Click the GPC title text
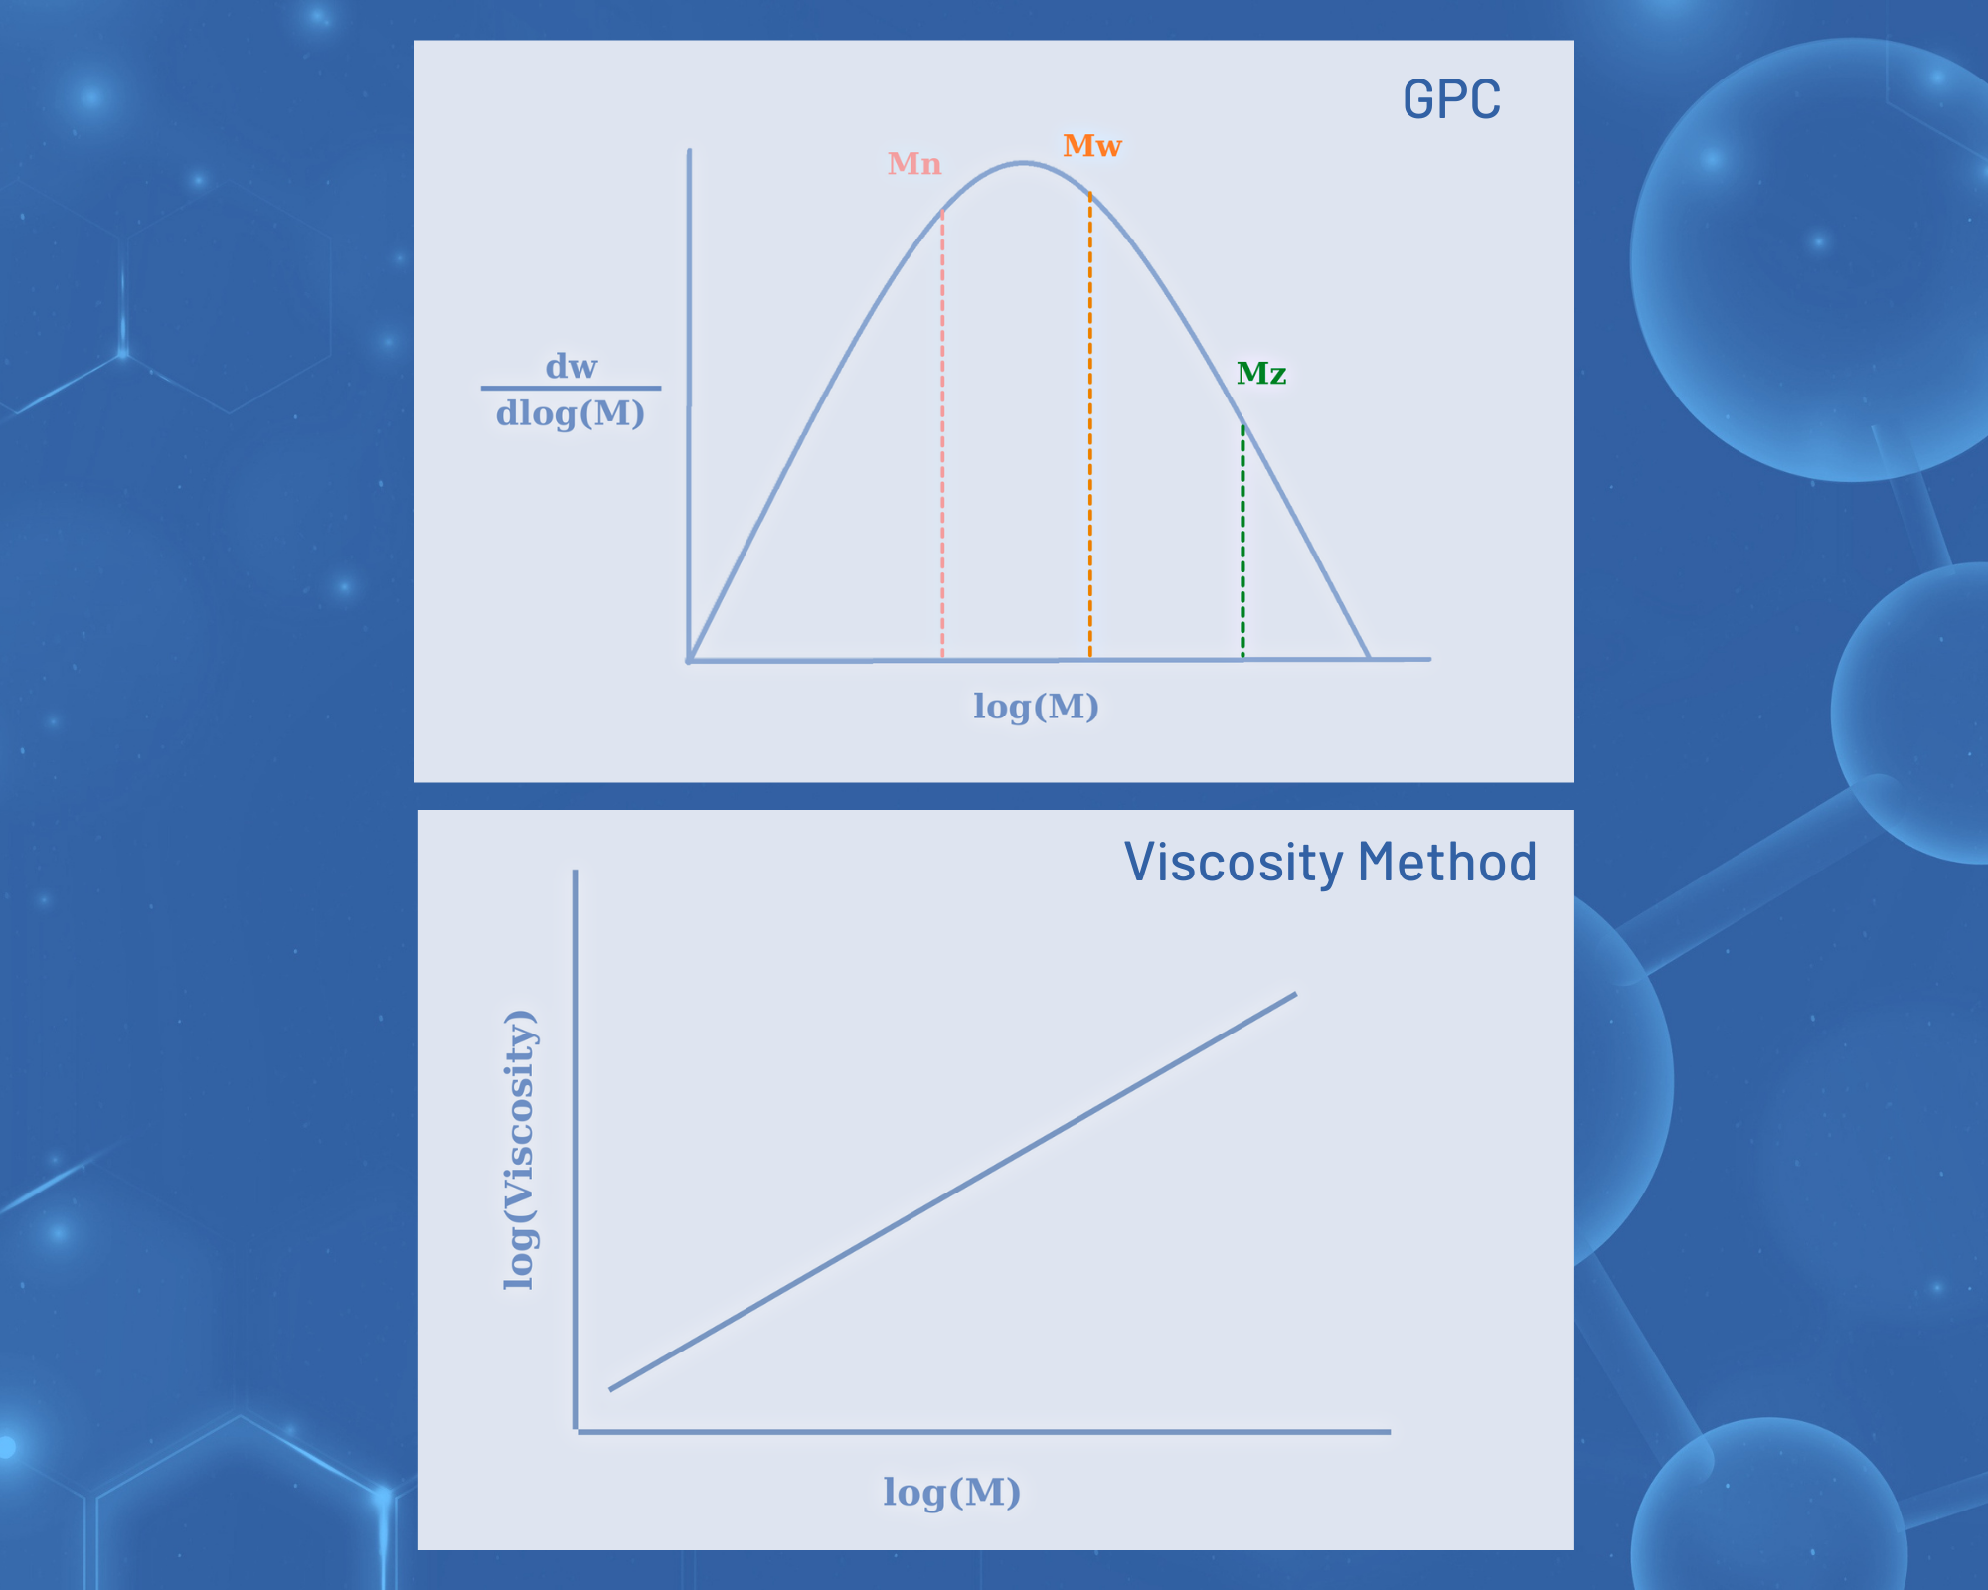tap(1451, 99)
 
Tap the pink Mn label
tap(914, 164)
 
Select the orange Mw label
tap(1092, 146)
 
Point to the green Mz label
tap(1261, 374)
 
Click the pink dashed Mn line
tap(942, 434)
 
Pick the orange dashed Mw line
tap(1090, 425)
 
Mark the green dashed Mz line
tap(1242, 542)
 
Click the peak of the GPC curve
tap(1024, 163)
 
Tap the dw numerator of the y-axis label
tap(572, 367)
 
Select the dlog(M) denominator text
tap(571, 413)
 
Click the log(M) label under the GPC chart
tap(1036, 707)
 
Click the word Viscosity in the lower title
tap(1234, 863)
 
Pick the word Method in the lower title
tap(1447, 862)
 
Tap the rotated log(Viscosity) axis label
tap(520, 1150)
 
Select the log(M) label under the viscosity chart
tap(952, 1492)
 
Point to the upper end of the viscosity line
tap(1296, 994)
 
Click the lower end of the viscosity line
tap(610, 1389)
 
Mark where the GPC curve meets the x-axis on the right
tap(1370, 658)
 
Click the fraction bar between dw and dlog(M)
tap(571, 388)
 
